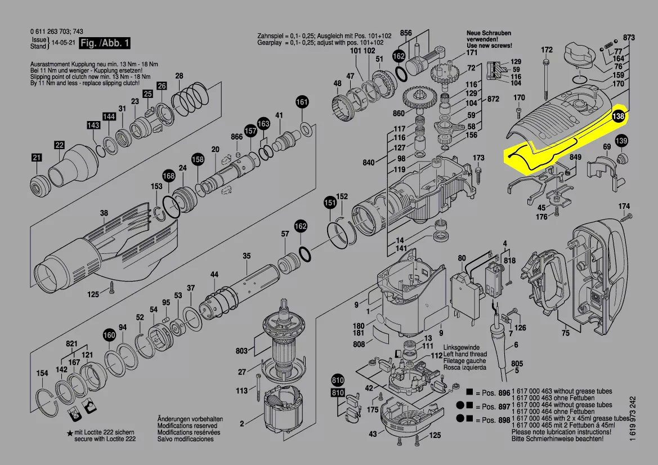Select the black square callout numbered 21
point(37,158)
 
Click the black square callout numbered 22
point(60,145)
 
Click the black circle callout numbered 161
point(302,102)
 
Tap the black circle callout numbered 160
point(109,336)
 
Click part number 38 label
point(104,213)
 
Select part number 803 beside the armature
point(241,351)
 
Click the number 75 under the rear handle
point(566,333)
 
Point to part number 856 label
point(406,33)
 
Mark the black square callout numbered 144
point(109,117)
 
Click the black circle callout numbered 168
point(169,176)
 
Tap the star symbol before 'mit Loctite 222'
point(69,433)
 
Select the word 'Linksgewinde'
point(461,348)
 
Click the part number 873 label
point(629,38)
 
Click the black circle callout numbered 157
point(250,131)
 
